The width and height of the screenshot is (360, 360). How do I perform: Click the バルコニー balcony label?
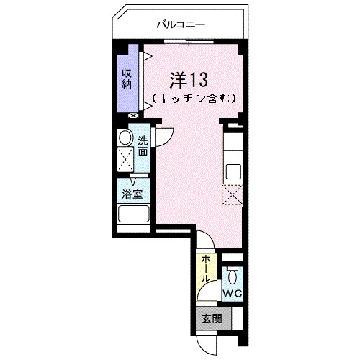point(181,24)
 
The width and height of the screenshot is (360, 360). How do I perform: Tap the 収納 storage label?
point(126,78)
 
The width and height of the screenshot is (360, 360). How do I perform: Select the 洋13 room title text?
point(189,77)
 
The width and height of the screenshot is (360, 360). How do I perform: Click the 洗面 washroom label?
point(143,146)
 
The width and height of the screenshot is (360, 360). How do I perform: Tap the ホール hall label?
point(205,269)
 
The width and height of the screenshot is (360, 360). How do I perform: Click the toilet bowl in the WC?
point(232,276)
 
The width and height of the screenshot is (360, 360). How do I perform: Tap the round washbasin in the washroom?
point(125,138)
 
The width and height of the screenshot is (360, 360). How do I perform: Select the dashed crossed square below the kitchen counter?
point(233,195)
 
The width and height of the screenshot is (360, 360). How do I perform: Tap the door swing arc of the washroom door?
point(164,135)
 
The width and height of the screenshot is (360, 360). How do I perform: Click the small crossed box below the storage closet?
point(132,115)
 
